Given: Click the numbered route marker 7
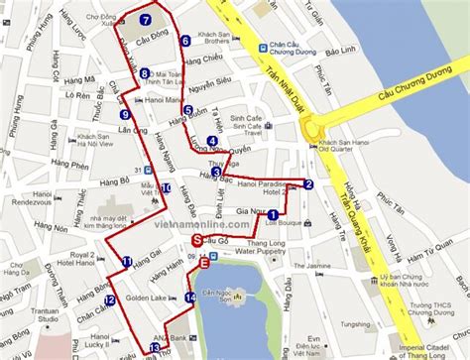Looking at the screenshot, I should pos(146,19).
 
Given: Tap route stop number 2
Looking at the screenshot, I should pos(308,183).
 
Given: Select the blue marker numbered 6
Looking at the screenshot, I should pos(185,41).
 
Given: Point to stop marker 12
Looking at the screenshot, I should pos(109,300).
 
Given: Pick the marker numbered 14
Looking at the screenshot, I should pos(189,297).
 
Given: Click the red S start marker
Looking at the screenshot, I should pos(196,239).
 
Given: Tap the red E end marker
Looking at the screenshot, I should pos(204,263).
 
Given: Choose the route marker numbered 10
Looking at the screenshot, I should pos(166,187).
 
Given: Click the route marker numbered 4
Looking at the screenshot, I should pos(211,141).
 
